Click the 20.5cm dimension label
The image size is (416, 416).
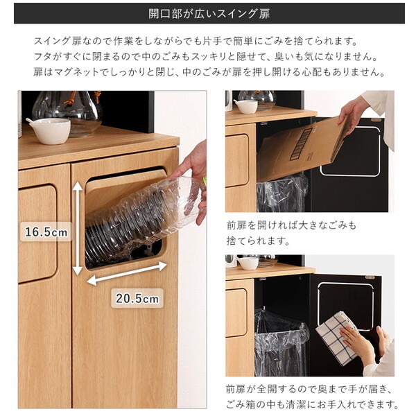(137, 299)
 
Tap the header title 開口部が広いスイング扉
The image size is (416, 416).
(209, 13)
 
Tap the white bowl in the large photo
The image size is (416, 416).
(49, 130)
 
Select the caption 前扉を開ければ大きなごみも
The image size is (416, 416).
(292, 225)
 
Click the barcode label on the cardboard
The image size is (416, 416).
(304, 143)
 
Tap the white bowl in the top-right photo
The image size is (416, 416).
(245, 105)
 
